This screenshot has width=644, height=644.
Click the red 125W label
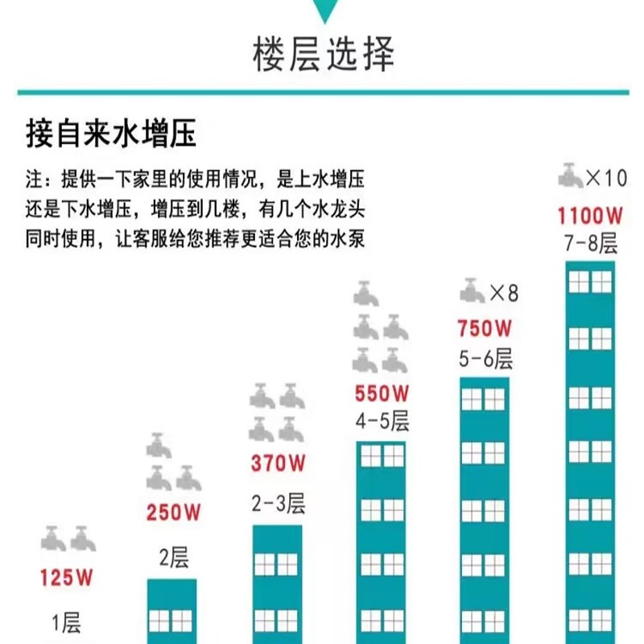(x=68, y=576)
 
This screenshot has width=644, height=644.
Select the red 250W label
(x=173, y=512)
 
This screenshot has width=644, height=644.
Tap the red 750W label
(x=485, y=328)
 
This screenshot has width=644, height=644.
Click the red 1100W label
(x=591, y=217)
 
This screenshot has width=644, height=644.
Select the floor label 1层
(x=67, y=623)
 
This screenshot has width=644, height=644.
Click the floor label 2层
(x=173, y=557)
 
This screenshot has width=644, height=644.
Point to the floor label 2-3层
(x=278, y=505)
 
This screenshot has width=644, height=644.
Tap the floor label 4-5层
(x=382, y=421)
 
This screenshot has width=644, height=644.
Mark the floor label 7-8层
(x=591, y=243)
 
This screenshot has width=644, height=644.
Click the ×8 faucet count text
(x=504, y=291)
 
